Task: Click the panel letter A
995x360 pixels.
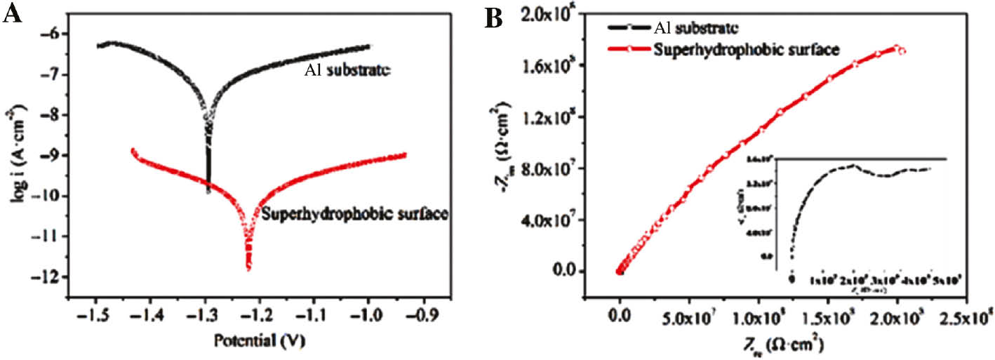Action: point(12,15)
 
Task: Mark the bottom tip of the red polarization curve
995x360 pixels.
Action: point(248,268)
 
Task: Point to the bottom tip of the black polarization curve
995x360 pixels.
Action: point(208,191)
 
